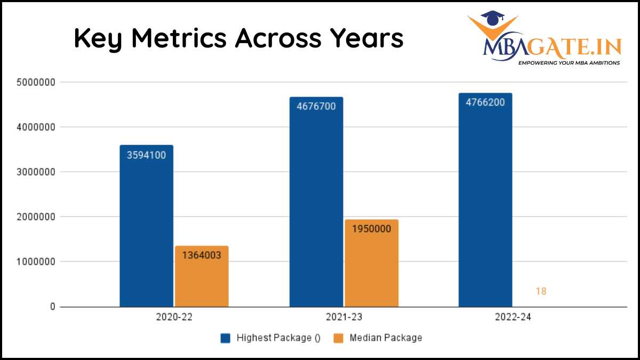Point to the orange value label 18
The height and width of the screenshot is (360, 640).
541,291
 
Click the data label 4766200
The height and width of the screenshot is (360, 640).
485,103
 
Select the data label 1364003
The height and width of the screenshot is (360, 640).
202,255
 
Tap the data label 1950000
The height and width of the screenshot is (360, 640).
371,229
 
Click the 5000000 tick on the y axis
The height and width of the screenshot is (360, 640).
37,83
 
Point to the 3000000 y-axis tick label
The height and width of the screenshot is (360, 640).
37,172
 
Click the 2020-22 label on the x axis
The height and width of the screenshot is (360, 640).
174,317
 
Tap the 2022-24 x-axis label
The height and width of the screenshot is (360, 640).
513,317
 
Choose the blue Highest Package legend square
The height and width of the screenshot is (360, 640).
226,338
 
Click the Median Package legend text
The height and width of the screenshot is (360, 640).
386,338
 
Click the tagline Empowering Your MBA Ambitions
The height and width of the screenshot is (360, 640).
569,63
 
